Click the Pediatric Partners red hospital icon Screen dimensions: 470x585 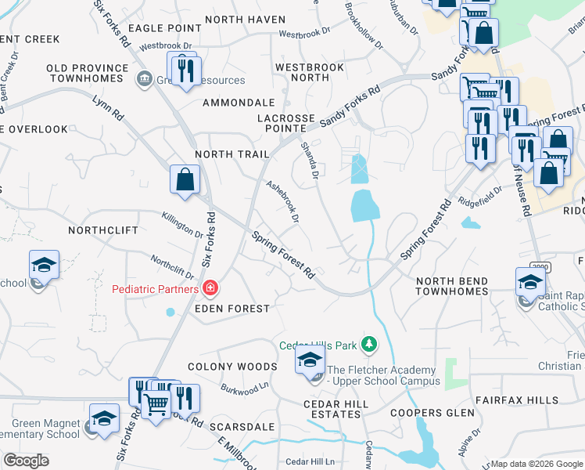pos(210,290)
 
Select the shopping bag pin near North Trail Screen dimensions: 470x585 pos(184,179)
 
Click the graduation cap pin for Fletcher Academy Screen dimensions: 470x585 pos(310,360)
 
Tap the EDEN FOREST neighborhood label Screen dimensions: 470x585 pos(231,309)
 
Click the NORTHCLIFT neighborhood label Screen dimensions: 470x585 pos(103,230)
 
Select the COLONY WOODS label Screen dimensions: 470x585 pos(232,367)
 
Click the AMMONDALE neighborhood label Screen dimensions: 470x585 pos(239,103)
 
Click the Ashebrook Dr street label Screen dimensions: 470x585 pos(283,201)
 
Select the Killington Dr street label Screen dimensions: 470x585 pos(182,225)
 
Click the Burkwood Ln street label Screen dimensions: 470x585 pos(245,386)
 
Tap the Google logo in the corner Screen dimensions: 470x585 pos(26,460)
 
